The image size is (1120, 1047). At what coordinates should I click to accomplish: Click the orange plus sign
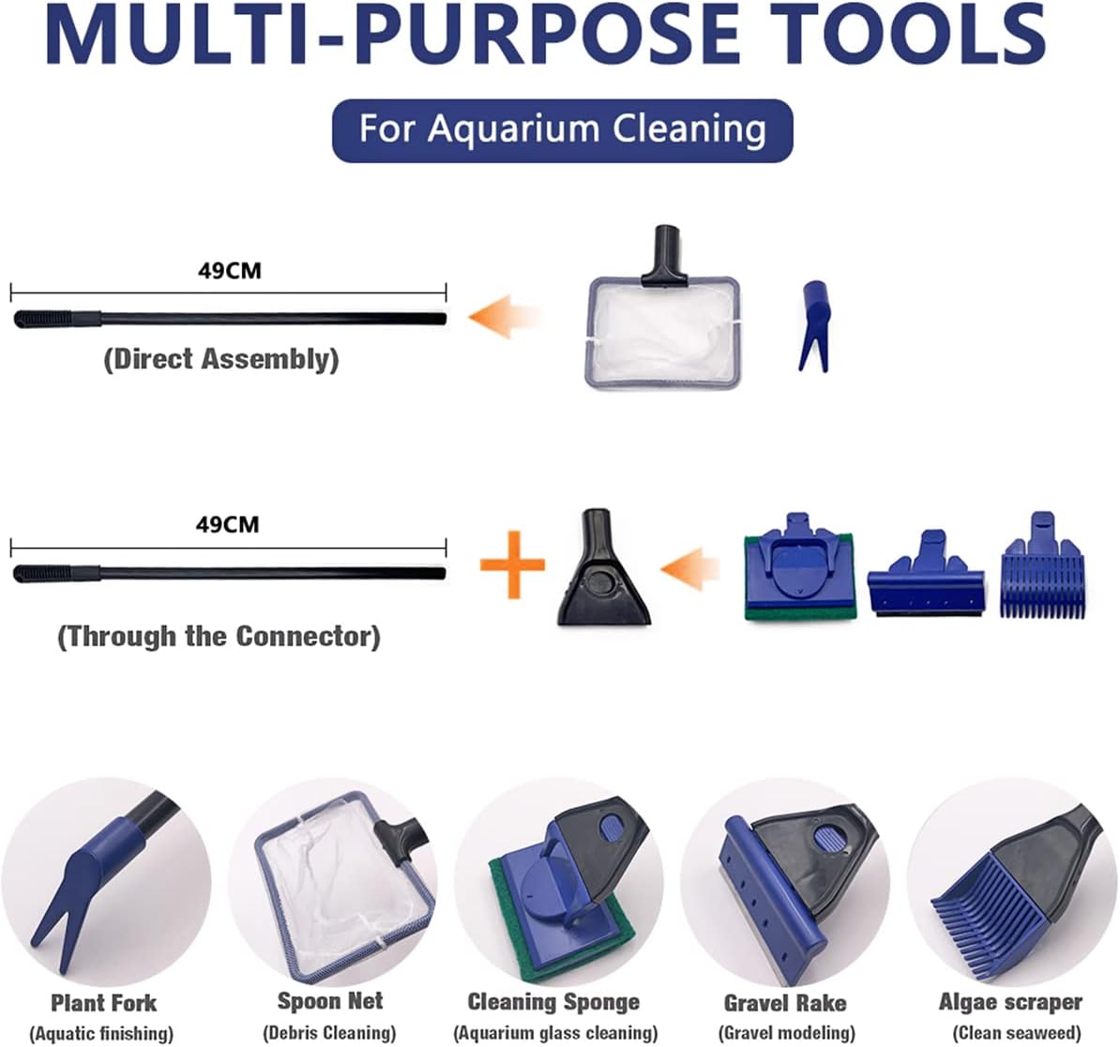tap(512, 565)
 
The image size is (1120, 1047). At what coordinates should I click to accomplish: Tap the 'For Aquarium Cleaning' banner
tap(563, 129)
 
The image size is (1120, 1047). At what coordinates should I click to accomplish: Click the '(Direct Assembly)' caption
tap(221, 359)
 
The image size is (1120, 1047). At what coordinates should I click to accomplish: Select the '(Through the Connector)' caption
tap(219, 636)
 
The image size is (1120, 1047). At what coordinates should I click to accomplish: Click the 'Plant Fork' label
tap(103, 1003)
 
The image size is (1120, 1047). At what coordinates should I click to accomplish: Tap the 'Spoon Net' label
tap(330, 1001)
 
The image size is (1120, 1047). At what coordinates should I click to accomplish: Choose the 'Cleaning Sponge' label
tap(553, 1002)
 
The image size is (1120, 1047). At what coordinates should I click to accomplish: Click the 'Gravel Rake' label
tap(785, 1003)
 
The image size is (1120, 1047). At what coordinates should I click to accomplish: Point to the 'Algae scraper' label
tap(1010, 1002)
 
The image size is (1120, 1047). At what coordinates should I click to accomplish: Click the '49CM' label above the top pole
tap(230, 271)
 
